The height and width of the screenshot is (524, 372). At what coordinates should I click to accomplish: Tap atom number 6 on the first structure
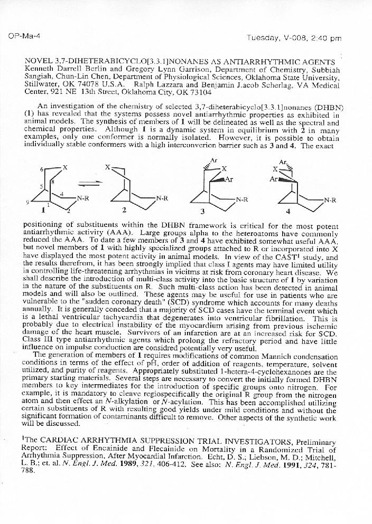(42, 170)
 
